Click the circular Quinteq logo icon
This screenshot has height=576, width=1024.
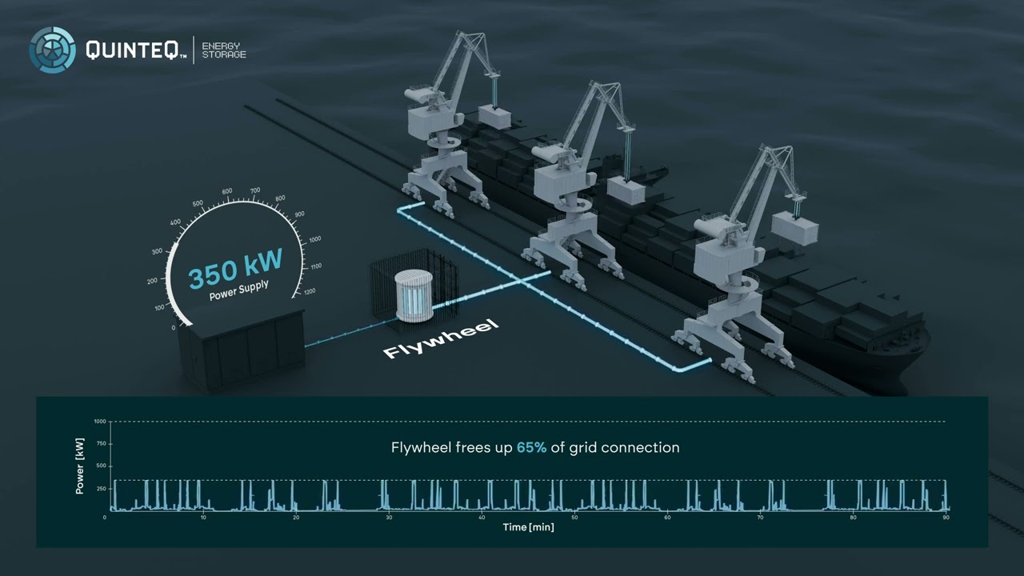click(x=53, y=50)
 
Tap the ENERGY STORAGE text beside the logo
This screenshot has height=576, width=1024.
click(x=224, y=50)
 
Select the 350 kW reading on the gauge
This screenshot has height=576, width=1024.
click(x=235, y=269)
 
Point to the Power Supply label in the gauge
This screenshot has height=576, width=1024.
click(x=238, y=290)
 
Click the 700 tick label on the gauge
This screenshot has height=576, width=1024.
click(x=255, y=190)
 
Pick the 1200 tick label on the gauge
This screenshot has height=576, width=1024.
click(x=310, y=291)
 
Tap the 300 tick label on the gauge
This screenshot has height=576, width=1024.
click(x=157, y=251)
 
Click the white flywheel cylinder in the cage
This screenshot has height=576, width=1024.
click(x=414, y=295)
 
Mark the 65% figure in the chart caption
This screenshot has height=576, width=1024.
click(x=531, y=447)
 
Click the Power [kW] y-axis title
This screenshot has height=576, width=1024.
click(x=79, y=466)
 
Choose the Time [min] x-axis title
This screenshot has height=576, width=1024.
click(x=529, y=527)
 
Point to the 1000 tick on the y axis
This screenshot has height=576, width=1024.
click(x=100, y=422)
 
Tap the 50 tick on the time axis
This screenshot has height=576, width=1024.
click(x=574, y=518)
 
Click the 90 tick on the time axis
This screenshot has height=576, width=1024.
click(x=946, y=518)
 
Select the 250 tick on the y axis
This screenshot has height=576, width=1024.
click(x=101, y=489)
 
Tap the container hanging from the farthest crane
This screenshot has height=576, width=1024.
click(x=494, y=117)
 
